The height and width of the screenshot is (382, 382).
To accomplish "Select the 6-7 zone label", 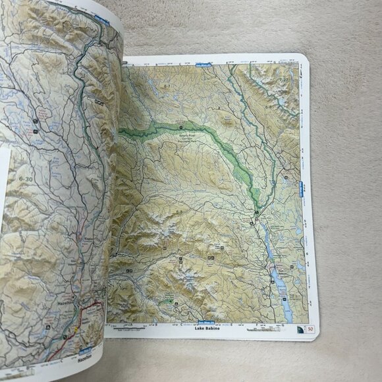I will click(x=167, y=86).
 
